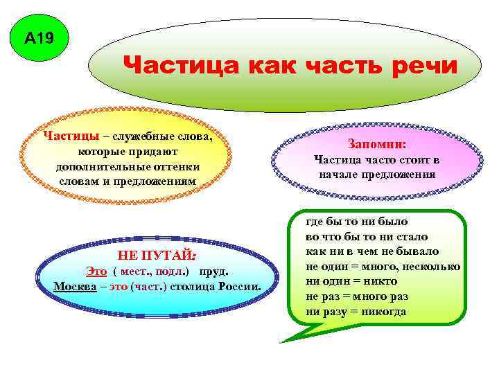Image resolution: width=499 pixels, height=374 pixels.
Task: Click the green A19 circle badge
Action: coord(38,39)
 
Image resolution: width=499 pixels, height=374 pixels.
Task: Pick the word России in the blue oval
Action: coord(238,287)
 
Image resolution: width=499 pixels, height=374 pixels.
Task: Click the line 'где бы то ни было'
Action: coord(357,222)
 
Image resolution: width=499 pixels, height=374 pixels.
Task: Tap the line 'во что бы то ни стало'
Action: coord(367,237)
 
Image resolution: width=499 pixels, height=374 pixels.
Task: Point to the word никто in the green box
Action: coord(380,281)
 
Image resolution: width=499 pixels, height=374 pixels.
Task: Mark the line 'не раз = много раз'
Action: coord(357,296)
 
